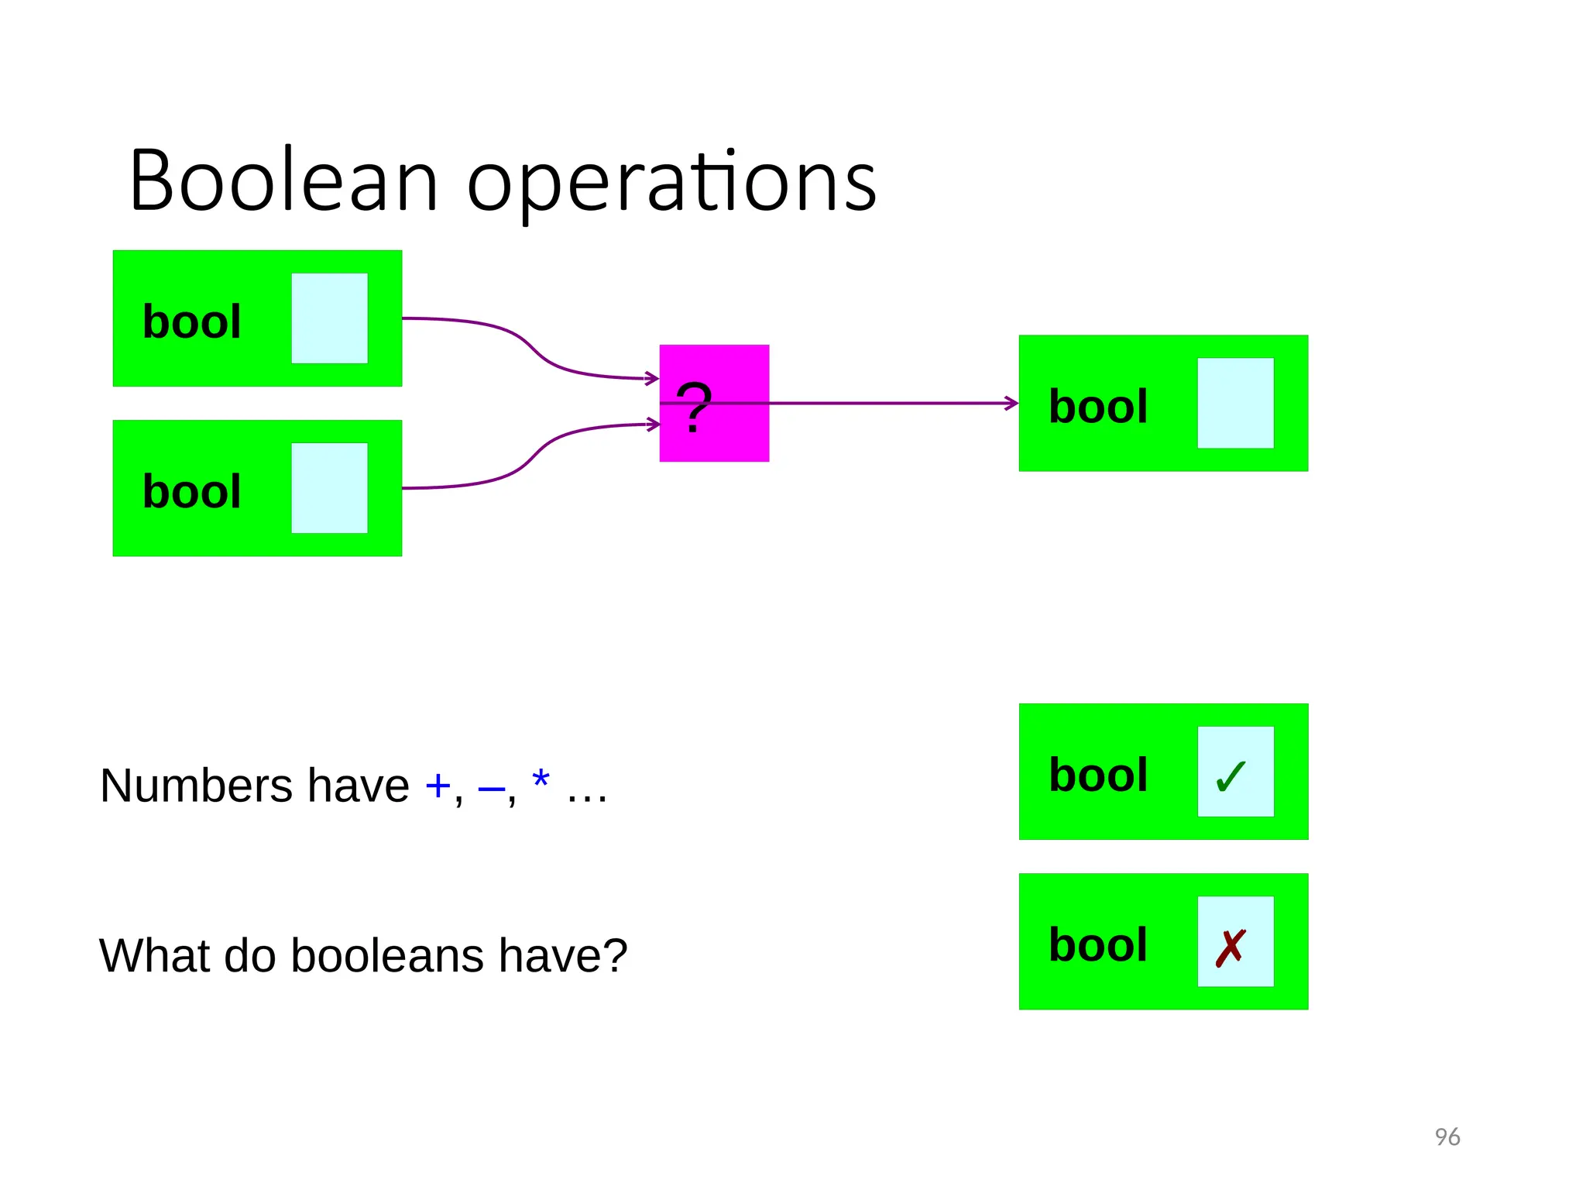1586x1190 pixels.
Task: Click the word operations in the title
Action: tap(671, 184)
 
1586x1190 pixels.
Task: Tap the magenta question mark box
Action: tap(714, 403)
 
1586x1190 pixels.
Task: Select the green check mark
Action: tap(1231, 776)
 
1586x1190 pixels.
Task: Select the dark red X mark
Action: tap(1231, 948)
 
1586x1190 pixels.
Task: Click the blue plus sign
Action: tap(438, 786)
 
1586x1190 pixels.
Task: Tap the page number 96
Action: tap(1447, 1137)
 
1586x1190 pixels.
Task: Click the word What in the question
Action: tap(155, 955)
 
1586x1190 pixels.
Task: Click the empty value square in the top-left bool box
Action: tap(329, 318)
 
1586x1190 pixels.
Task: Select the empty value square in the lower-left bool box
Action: tap(329, 488)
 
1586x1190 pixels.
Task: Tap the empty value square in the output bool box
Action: tap(1235, 403)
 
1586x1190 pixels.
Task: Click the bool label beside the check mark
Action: tap(1098, 775)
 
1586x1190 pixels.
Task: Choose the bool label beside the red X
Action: tap(1098, 945)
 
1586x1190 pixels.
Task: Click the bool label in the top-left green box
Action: tap(192, 322)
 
